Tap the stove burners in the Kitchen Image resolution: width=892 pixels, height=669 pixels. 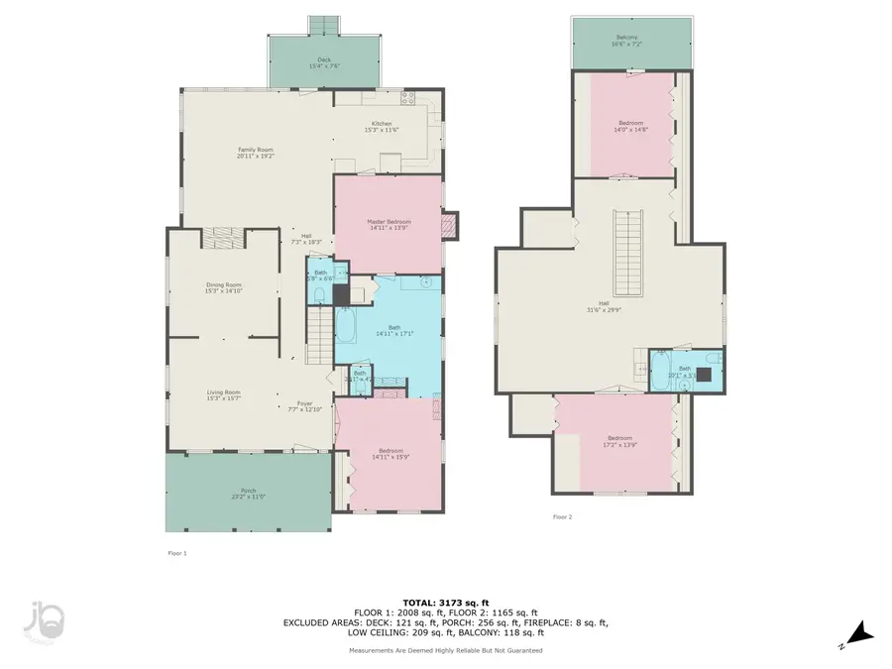[406, 96]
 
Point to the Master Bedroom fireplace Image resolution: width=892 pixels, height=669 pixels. [451, 226]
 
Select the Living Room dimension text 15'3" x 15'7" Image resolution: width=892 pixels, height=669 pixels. [224, 398]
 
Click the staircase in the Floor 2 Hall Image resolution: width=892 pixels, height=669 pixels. [626, 248]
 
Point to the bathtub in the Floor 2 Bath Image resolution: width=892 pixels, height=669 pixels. [662, 378]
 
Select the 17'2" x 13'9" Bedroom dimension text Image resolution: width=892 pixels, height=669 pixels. [620, 444]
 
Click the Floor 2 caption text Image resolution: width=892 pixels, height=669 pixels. [562, 516]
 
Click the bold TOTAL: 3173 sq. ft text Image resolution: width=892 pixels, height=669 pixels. [444, 602]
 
